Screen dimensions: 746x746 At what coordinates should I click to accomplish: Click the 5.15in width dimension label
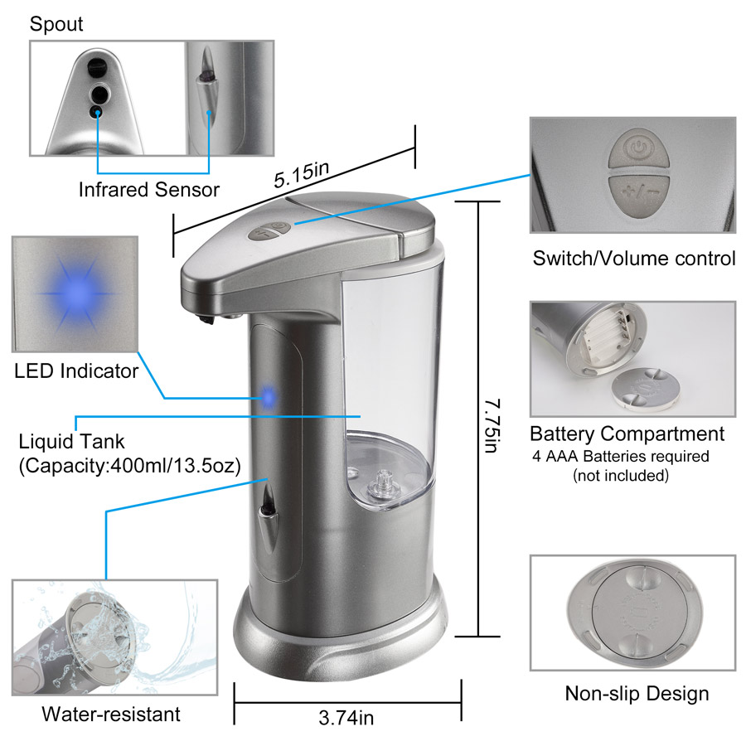[301, 174]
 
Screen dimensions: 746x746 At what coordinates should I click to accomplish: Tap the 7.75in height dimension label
[492, 425]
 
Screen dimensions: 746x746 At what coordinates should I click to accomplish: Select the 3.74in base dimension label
[346, 718]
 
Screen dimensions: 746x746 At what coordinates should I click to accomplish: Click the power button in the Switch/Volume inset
[639, 148]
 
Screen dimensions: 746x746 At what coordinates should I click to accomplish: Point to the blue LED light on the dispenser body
[269, 396]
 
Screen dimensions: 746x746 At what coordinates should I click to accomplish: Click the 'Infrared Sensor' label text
[149, 189]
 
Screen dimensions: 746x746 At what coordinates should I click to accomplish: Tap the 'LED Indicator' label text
[76, 371]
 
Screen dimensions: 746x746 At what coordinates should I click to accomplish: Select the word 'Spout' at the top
[56, 24]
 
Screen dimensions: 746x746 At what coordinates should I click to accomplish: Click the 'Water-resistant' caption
[111, 715]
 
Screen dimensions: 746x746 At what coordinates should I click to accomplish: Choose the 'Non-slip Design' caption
[637, 694]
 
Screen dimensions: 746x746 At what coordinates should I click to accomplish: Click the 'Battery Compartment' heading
[627, 434]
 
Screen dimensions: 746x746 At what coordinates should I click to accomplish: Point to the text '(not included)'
[621, 475]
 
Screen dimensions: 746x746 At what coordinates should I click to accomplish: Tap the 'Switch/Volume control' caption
[634, 259]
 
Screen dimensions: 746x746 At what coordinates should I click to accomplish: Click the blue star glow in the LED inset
[76, 293]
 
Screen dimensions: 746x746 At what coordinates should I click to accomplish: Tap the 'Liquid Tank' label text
[71, 442]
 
